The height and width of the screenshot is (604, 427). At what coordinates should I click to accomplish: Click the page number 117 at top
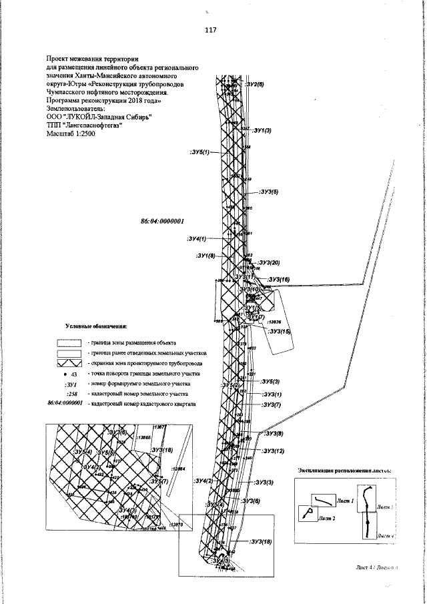pos(211,29)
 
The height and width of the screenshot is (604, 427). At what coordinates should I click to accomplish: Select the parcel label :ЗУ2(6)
pos(255,85)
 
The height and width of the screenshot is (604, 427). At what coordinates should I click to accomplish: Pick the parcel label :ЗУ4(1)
pos(197,238)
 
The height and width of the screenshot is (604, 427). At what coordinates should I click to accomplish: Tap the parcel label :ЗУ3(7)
pos(271,405)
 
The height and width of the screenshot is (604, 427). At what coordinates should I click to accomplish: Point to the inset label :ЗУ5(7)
pos(159,481)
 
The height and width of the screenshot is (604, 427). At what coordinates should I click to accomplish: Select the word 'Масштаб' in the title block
pos(61,134)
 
